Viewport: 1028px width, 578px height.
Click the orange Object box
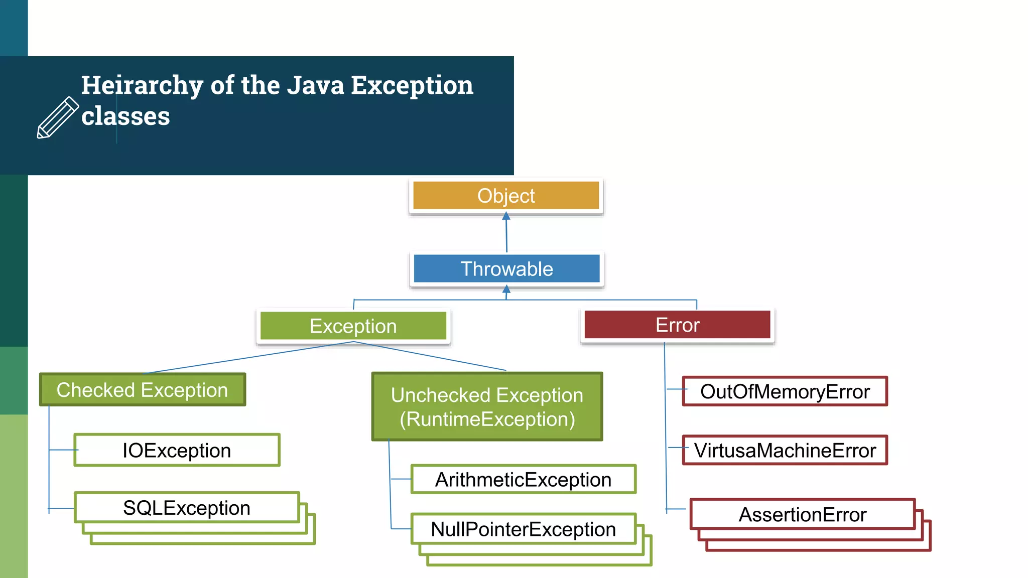[506, 196]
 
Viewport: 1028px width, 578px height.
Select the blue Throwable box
[506, 269]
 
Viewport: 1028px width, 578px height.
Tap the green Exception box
[353, 326]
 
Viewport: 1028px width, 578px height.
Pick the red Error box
[677, 325]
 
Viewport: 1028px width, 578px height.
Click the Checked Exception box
[143, 390]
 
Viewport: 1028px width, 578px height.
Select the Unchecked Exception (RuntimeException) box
[487, 407]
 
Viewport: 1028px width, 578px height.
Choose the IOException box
[177, 450]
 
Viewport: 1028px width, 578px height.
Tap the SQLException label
[187, 508]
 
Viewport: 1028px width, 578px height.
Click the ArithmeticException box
[523, 479]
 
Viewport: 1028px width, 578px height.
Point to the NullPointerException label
[523, 529]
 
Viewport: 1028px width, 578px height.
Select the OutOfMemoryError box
[785, 391]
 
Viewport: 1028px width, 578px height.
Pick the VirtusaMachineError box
[785, 450]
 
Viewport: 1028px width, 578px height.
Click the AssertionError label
[802, 514]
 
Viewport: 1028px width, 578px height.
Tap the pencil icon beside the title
[58, 117]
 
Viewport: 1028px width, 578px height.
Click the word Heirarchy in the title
[142, 85]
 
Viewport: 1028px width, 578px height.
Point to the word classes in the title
[125, 116]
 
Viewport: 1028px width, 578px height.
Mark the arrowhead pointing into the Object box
[506, 216]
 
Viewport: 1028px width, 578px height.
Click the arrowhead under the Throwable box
[506, 289]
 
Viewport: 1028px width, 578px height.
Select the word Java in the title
[316, 85]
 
